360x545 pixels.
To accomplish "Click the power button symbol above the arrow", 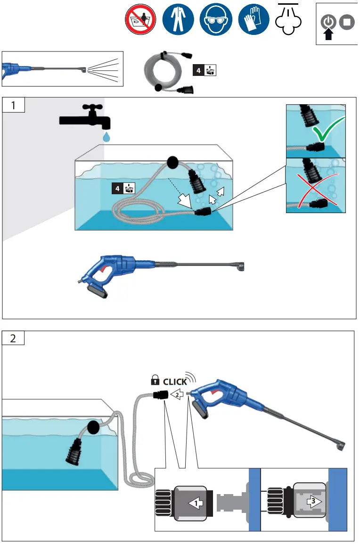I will pos(329,22).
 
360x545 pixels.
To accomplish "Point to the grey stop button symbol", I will pos(347,22).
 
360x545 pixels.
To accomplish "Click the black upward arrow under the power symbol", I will pos(329,34).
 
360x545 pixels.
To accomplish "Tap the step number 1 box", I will pos(13,105).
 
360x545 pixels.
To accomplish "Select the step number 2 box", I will pos(13,339).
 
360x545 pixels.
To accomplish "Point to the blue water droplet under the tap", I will pos(107,136).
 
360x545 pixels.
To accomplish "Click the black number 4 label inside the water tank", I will pos(117,189).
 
